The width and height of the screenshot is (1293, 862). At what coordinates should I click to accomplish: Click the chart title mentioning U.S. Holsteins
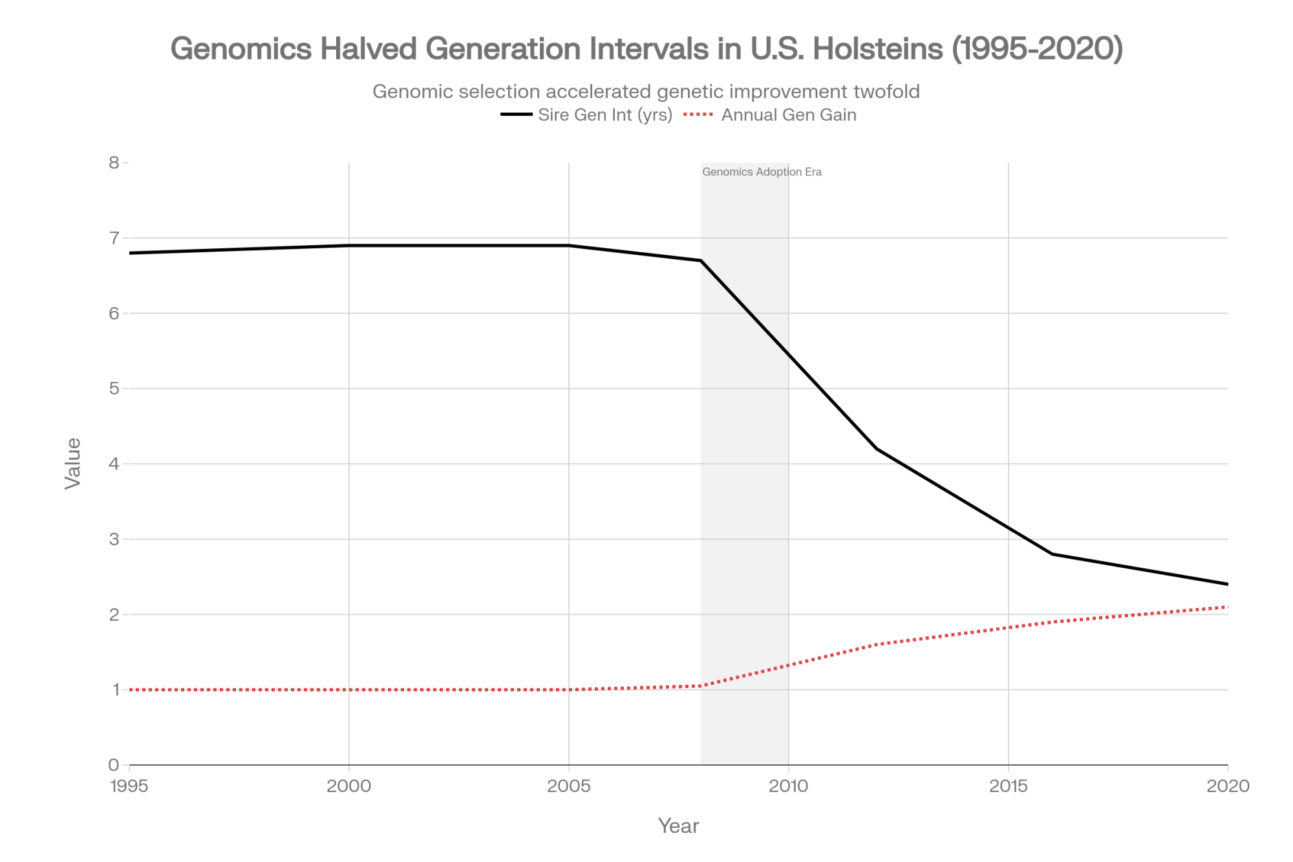pos(646,49)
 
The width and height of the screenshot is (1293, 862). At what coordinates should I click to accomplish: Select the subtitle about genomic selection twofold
pos(646,92)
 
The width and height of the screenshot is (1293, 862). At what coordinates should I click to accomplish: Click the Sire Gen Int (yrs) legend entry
pos(605,115)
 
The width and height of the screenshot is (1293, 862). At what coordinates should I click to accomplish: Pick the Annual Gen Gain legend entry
pos(789,115)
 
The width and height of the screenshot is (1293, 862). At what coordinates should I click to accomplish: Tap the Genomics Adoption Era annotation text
pos(762,172)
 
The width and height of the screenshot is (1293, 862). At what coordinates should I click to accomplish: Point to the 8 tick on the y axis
pos(115,162)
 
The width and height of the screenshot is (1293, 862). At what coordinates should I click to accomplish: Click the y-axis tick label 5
pos(115,389)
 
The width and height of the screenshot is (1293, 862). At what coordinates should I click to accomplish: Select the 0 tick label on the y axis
pos(115,765)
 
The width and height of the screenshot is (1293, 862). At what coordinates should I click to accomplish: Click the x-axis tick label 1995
pos(129,786)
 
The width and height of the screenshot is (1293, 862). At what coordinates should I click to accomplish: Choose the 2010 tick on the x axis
pos(789,786)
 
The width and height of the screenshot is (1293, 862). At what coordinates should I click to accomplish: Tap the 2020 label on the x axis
pos(1228,786)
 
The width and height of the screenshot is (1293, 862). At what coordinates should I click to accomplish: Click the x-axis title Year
pos(678,826)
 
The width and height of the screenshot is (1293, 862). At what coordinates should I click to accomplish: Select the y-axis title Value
pos(73,463)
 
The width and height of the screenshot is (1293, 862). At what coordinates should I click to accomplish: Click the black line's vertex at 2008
pos(701,261)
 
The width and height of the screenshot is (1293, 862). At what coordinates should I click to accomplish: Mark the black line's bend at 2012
pos(877,449)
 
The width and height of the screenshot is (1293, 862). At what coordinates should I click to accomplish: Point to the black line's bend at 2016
pos(1053,554)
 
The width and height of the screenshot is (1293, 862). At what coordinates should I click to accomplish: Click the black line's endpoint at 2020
pos(1227,584)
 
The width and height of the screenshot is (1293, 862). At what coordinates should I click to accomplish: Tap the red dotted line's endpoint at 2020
pos(1227,607)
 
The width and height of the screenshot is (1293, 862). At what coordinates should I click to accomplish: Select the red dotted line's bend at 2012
pos(877,645)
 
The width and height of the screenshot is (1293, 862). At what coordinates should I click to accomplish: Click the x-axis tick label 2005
pos(569,786)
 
